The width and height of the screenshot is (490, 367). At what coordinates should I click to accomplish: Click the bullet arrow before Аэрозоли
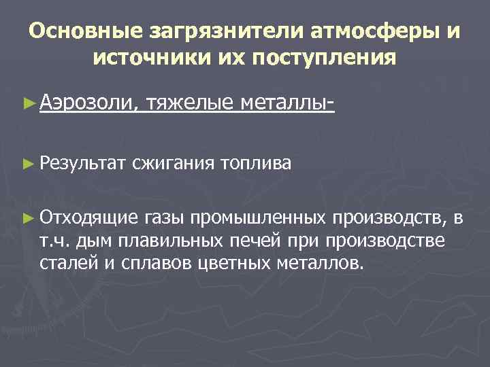coord(27,104)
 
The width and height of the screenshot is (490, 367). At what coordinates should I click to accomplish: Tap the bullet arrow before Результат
coord(27,164)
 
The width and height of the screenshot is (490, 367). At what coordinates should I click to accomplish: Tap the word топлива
coord(256,163)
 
